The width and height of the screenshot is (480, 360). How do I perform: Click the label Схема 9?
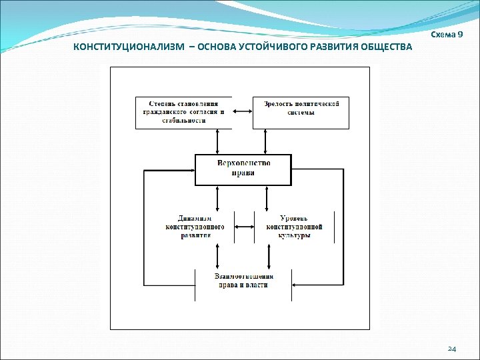pyautogui.click(x=447, y=34)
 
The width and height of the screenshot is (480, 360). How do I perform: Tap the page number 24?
pyautogui.click(x=451, y=349)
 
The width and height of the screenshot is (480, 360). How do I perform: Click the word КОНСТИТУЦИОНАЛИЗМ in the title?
pyautogui.click(x=127, y=48)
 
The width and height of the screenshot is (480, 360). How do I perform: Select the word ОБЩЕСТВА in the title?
pyautogui.click(x=385, y=48)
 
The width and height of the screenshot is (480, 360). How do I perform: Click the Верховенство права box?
pyautogui.click(x=243, y=169)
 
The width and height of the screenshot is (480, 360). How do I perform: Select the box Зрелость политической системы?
pyautogui.click(x=302, y=113)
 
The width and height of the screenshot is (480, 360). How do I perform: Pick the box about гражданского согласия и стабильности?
pyautogui.click(x=183, y=113)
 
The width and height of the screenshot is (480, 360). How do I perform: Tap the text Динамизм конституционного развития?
pyautogui.click(x=195, y=227)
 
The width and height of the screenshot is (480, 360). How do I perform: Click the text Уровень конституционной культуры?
pyautogui.click(x=294, y=227)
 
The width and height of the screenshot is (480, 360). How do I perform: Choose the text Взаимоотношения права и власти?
pyautogui.click(x=243, y=280)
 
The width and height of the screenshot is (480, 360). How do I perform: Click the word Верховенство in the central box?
pyautogui.click(x=243, y=163)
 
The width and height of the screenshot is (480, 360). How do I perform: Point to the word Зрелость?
pyautogui.click(x=279, y=103)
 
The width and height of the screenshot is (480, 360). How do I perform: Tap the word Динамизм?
pyautogui.click(x=195, y=218)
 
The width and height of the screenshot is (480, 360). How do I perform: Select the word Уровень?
pyautogui.click(x=294, y=218)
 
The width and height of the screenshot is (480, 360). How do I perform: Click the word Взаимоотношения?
pyautogui.click(x=243, y=275)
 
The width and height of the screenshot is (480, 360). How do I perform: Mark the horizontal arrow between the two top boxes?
pyautogui.click(x=242, y=112)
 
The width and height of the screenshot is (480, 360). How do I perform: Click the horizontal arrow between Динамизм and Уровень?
pyautogui.click(x=244, y=226)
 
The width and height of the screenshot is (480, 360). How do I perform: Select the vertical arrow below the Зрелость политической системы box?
pyautogui.click(x=266, y=141)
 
